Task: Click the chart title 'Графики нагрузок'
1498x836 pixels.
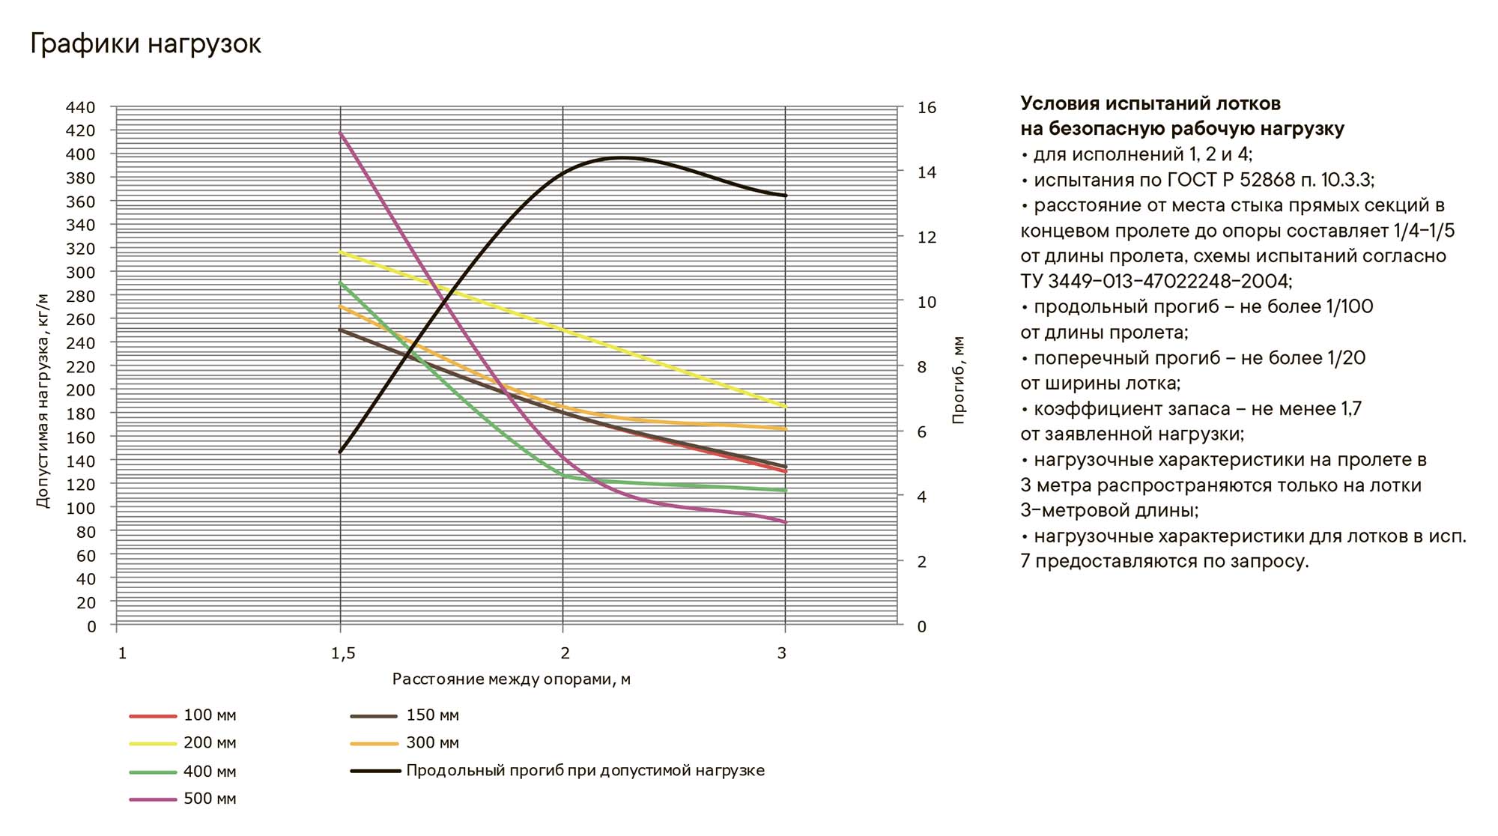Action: click(145, 44)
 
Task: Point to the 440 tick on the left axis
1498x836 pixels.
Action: click(81, 107)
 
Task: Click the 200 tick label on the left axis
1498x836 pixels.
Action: click(81, 390)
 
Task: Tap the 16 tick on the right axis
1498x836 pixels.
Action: click(927, 108)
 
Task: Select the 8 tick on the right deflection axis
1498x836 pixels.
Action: click(922, 367)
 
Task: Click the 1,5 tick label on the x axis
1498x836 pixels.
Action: click(343, 654)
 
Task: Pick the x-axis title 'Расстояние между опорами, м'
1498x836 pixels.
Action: click(511, 679)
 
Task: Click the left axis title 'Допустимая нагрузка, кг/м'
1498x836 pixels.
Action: click(43, 400)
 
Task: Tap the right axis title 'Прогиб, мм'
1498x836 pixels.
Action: click(959, 380)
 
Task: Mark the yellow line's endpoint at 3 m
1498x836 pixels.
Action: click(785, 407)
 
